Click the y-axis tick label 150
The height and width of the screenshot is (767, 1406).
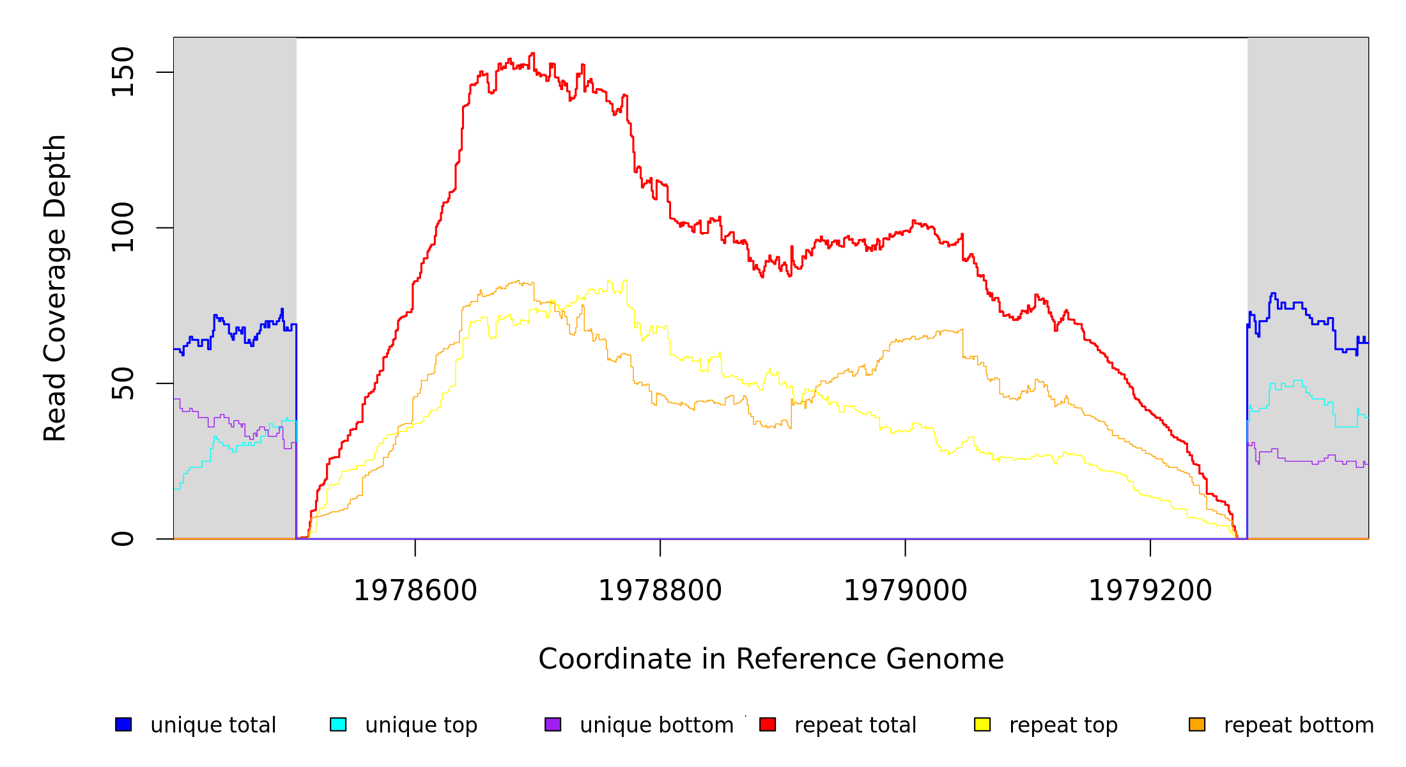coord(123,72)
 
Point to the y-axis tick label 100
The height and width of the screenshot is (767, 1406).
coord(123,228)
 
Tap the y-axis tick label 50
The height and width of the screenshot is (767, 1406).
coord(123,383)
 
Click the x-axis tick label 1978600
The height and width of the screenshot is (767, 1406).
coord(415,591)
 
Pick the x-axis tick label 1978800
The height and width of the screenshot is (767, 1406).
coord(660,591)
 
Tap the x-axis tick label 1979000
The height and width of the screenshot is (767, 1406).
coord(906,591)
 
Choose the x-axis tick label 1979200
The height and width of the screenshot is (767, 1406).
coord(1150,591)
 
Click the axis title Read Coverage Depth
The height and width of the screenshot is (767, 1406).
coord(56,288)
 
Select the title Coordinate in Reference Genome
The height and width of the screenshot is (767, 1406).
coord(771,659)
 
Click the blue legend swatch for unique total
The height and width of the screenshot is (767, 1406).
coord(123,724)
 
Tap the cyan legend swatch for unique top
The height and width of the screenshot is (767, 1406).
coord(338,724)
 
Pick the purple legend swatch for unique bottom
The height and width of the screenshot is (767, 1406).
coord(553,724)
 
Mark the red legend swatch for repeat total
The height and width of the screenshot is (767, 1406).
coord(768,724)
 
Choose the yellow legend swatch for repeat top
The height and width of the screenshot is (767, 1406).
coord(982,724)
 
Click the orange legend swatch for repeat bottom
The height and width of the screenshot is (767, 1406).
coord(1197,724)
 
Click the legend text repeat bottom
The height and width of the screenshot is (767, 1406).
coord(1299,725)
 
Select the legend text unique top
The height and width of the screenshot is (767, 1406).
coord(421,725)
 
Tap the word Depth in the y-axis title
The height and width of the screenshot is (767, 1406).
coord(56,164)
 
